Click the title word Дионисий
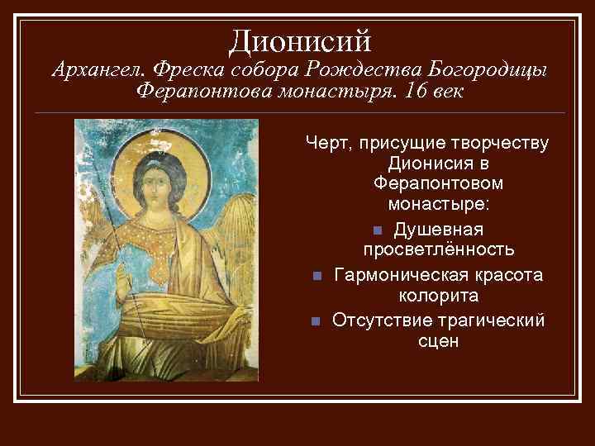coord(300,38)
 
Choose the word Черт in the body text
coord(327,144)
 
